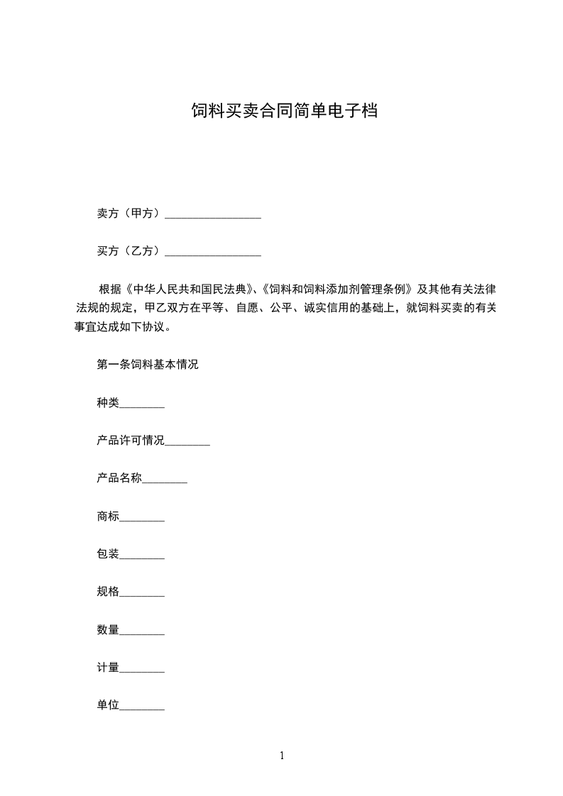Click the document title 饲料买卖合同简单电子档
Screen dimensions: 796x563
pos(284,111)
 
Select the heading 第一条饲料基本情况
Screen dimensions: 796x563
pos(148,365)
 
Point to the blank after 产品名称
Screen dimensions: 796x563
pos(165,481)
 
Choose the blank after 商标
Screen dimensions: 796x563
pos(142,519)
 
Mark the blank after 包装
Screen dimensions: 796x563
pos(142,556)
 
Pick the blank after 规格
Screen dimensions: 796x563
pos(142,594)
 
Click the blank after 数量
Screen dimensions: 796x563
pos(142,631)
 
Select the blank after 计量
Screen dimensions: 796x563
pos(142,669)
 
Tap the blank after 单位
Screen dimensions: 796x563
pos(142,707)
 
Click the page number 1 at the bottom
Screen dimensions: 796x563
pos(282,756)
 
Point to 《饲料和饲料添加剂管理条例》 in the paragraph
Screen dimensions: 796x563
pos(337,289)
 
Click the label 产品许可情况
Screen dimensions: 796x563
pos(131,441)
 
